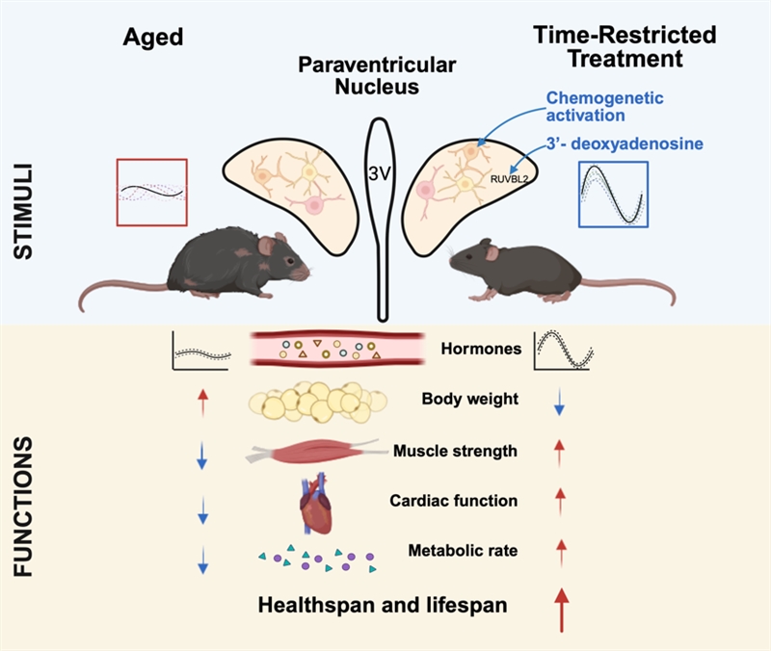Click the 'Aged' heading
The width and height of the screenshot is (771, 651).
[153, 37]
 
